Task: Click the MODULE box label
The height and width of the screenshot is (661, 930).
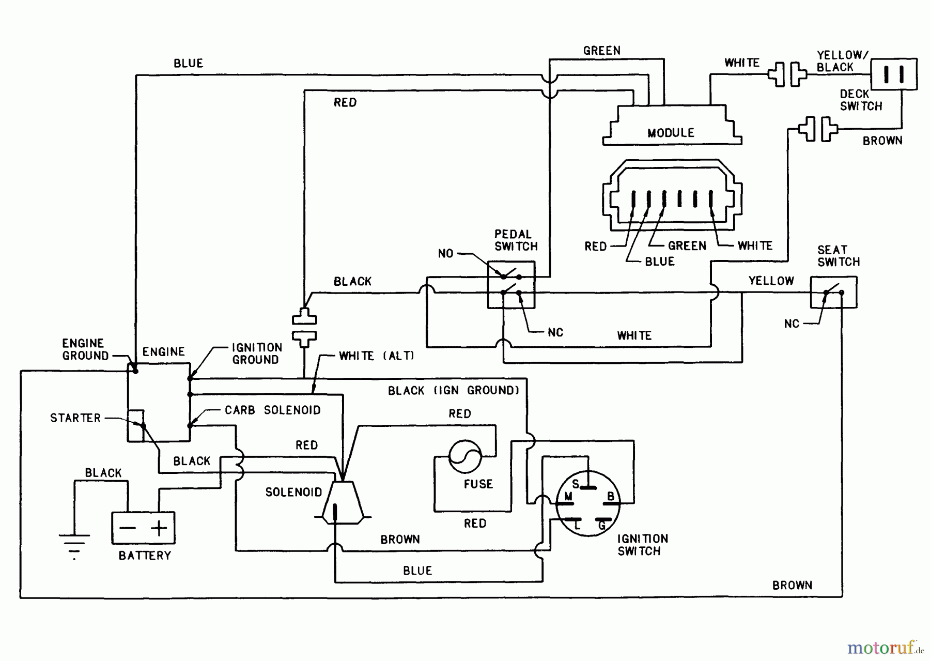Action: pos(671,133)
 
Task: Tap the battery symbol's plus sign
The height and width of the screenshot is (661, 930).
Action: pos(159,528)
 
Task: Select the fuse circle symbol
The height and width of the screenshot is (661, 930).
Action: pos(465,456)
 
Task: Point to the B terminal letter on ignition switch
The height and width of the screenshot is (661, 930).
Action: pos(611,497)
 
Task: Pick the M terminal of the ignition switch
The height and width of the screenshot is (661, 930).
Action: pos(568,497)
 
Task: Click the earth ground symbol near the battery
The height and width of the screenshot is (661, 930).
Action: pos(74,543)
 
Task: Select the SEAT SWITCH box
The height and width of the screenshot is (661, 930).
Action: pos(833,293)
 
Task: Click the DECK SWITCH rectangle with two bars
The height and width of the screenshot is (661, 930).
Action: pos(894,74)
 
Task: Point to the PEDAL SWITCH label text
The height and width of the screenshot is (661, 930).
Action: pos(516,240)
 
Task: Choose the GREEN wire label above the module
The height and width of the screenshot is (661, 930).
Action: pos(601,51)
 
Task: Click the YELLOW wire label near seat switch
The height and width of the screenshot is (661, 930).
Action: pos(771,281)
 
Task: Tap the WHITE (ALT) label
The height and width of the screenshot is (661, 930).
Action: pos(376,356)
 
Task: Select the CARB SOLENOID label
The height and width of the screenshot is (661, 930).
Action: pos(272,410)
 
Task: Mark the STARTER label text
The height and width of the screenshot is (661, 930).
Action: pos(75,418)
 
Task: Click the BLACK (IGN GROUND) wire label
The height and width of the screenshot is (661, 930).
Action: pos(453,391)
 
